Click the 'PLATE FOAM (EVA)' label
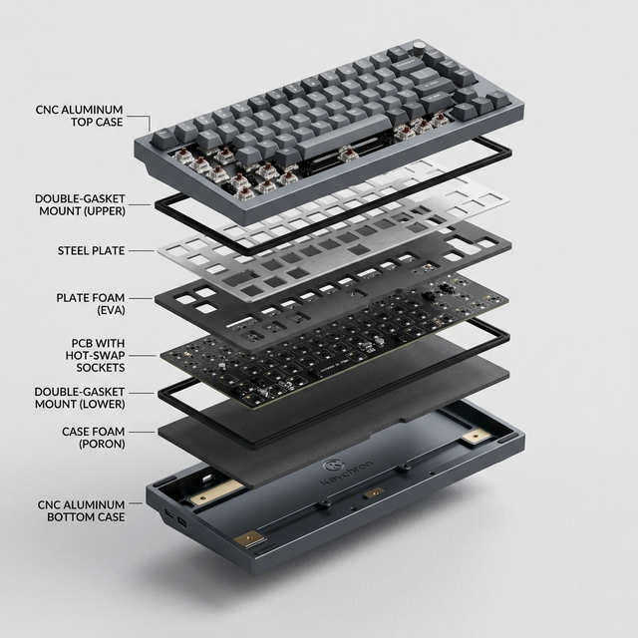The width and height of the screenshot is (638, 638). click(x=91, y=303)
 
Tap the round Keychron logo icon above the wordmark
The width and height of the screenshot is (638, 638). click(x=332, y=466)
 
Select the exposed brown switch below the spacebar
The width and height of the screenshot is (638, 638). click(x=350, y=156)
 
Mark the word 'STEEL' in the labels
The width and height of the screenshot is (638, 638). click(x=76, y=250)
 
